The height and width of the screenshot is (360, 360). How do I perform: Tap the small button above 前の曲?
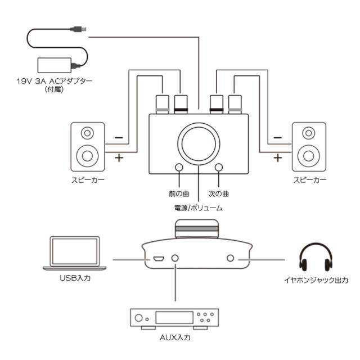(x=179, y=168)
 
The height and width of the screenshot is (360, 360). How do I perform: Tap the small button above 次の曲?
(x=218, y=168)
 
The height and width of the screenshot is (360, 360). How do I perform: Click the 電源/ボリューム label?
(x=199, y=208)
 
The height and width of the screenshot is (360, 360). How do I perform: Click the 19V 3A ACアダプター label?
(x=55, y=80)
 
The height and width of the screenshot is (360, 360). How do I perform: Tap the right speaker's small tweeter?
(x=308, y=133)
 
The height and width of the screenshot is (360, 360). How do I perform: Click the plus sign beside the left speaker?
(x=119, y=158)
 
